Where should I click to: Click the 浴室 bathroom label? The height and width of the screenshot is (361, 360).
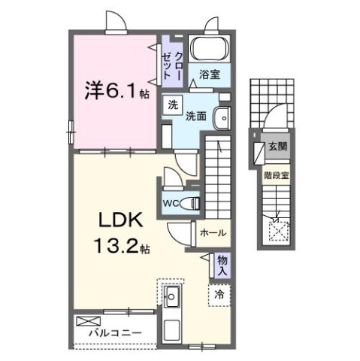pos(210,74)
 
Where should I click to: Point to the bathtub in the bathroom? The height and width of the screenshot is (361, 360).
pos(209,49)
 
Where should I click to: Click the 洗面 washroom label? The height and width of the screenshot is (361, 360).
pos(197,117)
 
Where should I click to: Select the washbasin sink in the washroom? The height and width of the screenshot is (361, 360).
pos(221,118)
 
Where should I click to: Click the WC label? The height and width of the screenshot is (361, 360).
pos(170,203)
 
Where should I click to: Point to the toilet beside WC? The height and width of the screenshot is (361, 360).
pos(192,202)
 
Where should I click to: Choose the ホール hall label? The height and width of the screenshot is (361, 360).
pos(211,234)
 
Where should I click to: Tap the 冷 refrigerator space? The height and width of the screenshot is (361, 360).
pos(219,296)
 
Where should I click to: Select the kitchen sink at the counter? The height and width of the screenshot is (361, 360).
pos(171,296)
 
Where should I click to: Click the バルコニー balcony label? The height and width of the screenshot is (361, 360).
pos(110,331)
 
